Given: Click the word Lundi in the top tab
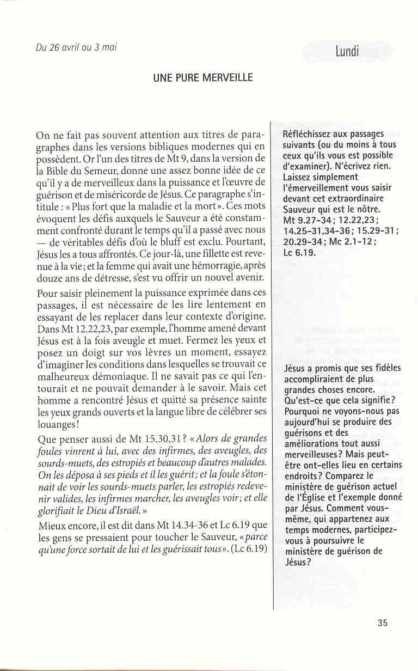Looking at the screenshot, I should [348, 52].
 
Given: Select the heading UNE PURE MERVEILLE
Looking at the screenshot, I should [202, 77].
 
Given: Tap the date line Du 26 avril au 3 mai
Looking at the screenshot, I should [76, 47].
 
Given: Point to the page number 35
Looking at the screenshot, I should [382, 623].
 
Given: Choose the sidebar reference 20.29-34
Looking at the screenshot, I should [303, 241].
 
